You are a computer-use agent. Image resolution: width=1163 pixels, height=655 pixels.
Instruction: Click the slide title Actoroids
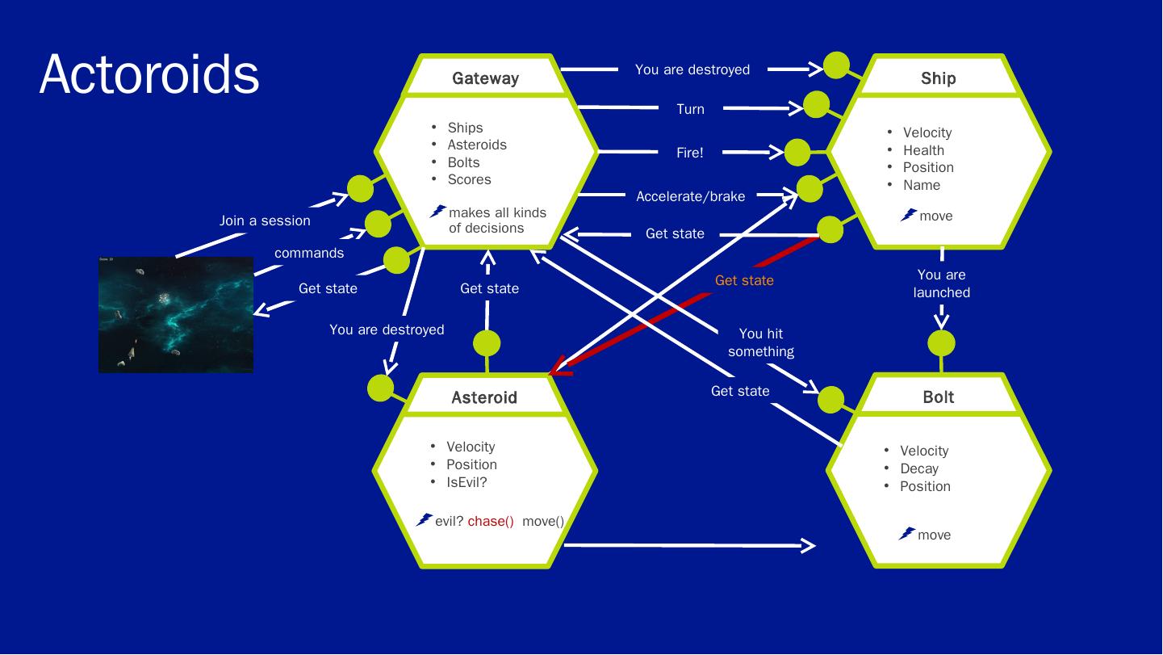149,74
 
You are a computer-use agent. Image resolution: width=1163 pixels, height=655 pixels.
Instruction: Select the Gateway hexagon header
485,78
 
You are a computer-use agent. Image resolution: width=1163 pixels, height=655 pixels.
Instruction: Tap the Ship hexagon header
938,78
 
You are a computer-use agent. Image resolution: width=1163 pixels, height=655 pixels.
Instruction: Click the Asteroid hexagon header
484,397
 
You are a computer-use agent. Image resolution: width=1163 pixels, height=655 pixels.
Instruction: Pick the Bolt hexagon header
938,397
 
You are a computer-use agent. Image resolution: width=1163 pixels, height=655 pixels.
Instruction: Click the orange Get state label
744,280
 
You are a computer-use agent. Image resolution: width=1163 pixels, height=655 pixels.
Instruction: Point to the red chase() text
491,521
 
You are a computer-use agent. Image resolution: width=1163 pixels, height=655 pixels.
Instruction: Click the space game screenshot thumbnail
176,315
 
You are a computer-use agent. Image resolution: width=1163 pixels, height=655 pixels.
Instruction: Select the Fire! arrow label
690,153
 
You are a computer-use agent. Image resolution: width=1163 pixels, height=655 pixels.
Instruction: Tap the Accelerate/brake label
690,196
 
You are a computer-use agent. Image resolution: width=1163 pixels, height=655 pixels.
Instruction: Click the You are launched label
941,283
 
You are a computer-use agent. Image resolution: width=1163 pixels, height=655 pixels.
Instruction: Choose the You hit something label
760,342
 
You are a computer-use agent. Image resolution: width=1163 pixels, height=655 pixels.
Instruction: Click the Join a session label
265,220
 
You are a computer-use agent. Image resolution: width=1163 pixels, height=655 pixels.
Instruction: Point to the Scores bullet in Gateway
469,179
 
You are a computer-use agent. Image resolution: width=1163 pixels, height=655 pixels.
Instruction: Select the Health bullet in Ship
923,150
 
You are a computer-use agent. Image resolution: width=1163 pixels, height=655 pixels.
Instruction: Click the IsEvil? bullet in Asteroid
466,482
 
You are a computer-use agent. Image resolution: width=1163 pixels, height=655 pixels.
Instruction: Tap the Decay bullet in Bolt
919,468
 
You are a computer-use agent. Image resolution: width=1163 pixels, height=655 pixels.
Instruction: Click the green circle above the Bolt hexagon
940,344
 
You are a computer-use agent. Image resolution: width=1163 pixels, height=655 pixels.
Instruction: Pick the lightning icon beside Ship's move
909,215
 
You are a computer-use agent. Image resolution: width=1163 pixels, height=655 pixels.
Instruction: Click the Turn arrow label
690,109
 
